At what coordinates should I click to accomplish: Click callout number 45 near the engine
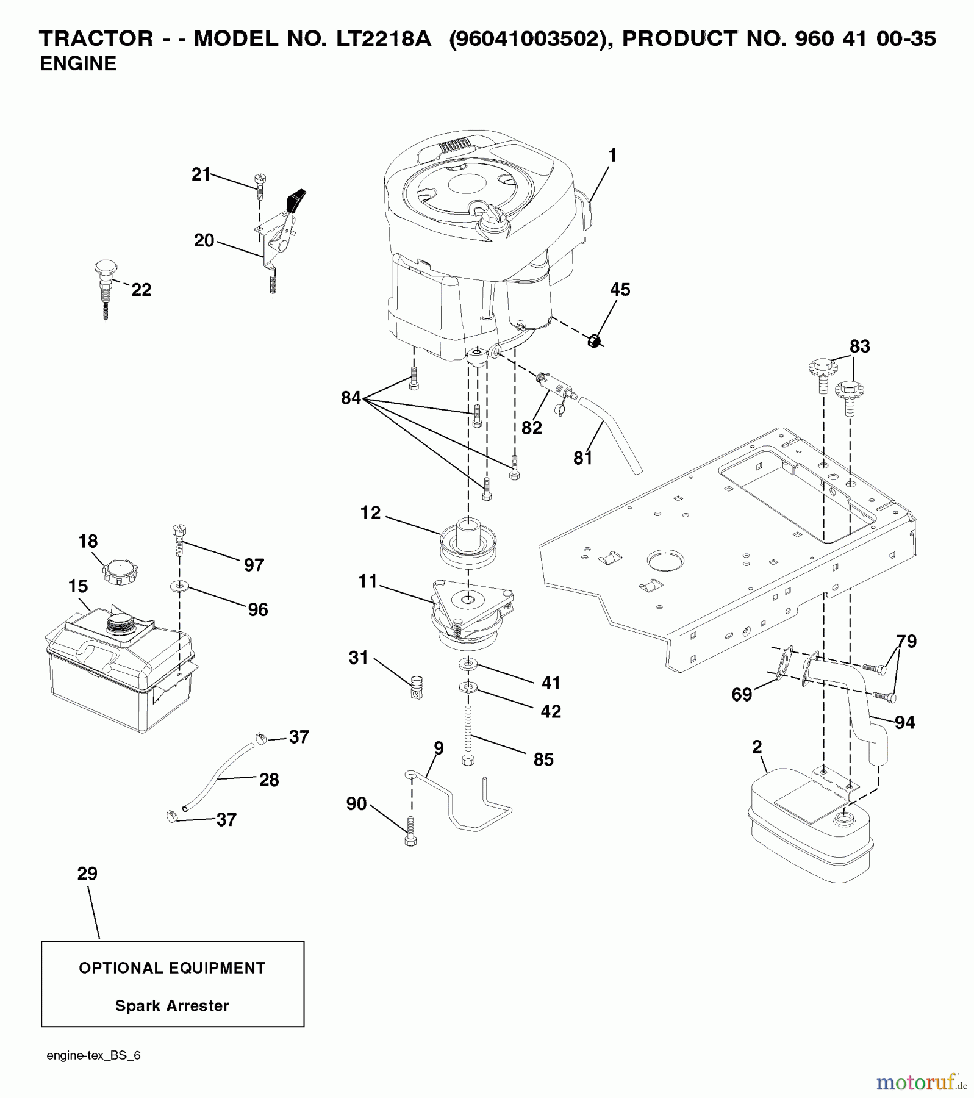pos(620,290)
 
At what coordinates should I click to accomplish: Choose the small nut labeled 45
pos(594,340)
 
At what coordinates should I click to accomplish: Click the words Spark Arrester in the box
pos(172,1006)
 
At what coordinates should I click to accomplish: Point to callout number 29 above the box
pos(87,874)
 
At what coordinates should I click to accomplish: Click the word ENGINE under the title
pos(78,63)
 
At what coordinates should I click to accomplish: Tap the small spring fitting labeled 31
pos(417,687)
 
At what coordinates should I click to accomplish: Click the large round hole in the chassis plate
pos(665,559)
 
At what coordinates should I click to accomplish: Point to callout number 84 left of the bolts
pos(351,398)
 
